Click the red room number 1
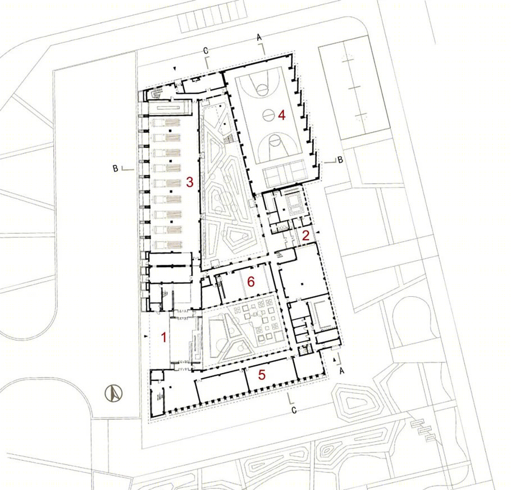(164, 337)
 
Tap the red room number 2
(305, 235)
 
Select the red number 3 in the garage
(190, 182)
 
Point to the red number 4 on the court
(282, 115)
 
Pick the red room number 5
(262, 375)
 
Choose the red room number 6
(251, 282)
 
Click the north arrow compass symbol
(113, 393)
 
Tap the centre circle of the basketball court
(269, 115)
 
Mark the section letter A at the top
(259, 38)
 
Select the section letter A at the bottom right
(341, 371)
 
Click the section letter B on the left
(115, 169)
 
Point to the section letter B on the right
(340, 160)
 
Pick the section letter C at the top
(206, 51)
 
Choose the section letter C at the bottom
(294, 410)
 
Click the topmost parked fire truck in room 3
(167, 122)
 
